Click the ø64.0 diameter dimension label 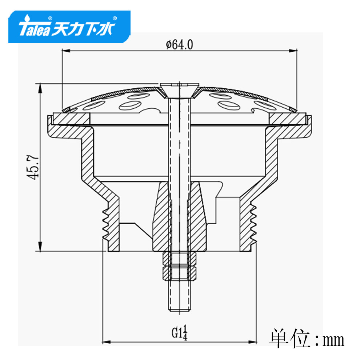point(180,44)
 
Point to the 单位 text point(289,339)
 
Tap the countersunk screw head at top point(180,89)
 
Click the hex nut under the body point(180,266)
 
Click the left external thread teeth point(105,223)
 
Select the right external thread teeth point(254,223)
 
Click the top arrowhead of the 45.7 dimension point(40,87)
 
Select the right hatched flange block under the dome point(287,118)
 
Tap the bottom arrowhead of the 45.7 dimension point(40,247)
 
